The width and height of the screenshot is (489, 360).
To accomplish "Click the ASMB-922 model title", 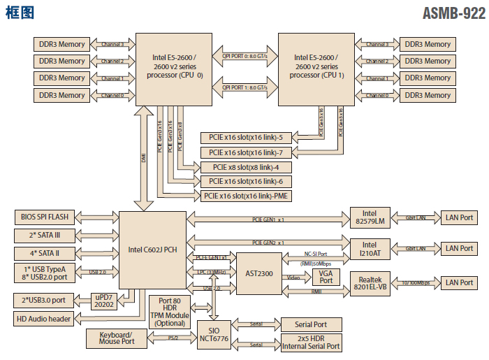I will click(453, 13).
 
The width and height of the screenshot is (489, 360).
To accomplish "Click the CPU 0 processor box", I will click(177, 69).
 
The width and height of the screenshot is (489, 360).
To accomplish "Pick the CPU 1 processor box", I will click(319, 69).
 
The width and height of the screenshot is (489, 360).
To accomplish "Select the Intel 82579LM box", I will click(370, 217).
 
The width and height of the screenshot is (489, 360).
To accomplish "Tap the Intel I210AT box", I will click(370, 248).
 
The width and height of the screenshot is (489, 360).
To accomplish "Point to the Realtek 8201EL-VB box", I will click(370, 282).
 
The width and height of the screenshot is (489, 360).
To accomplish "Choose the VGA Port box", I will click(326, 277).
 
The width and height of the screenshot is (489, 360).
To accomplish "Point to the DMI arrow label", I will click(143, 159).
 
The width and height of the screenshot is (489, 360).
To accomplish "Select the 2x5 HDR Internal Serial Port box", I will click(311, 343).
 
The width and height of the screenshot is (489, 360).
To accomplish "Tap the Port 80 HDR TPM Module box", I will click(170, 311).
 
